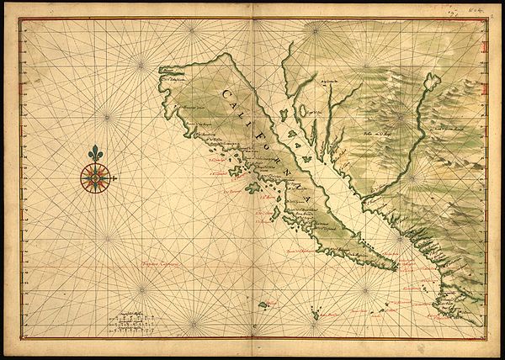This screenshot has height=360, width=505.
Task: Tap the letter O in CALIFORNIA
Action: [x=269, y=145]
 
